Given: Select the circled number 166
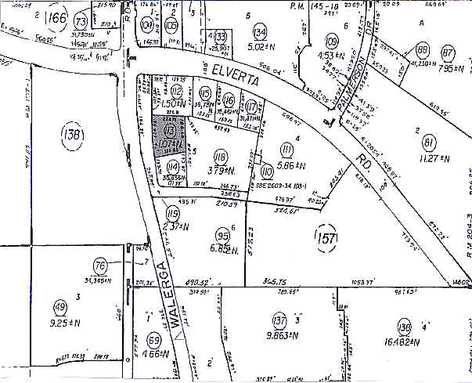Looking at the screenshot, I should point(55,16).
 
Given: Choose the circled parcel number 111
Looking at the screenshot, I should point(287,150).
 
